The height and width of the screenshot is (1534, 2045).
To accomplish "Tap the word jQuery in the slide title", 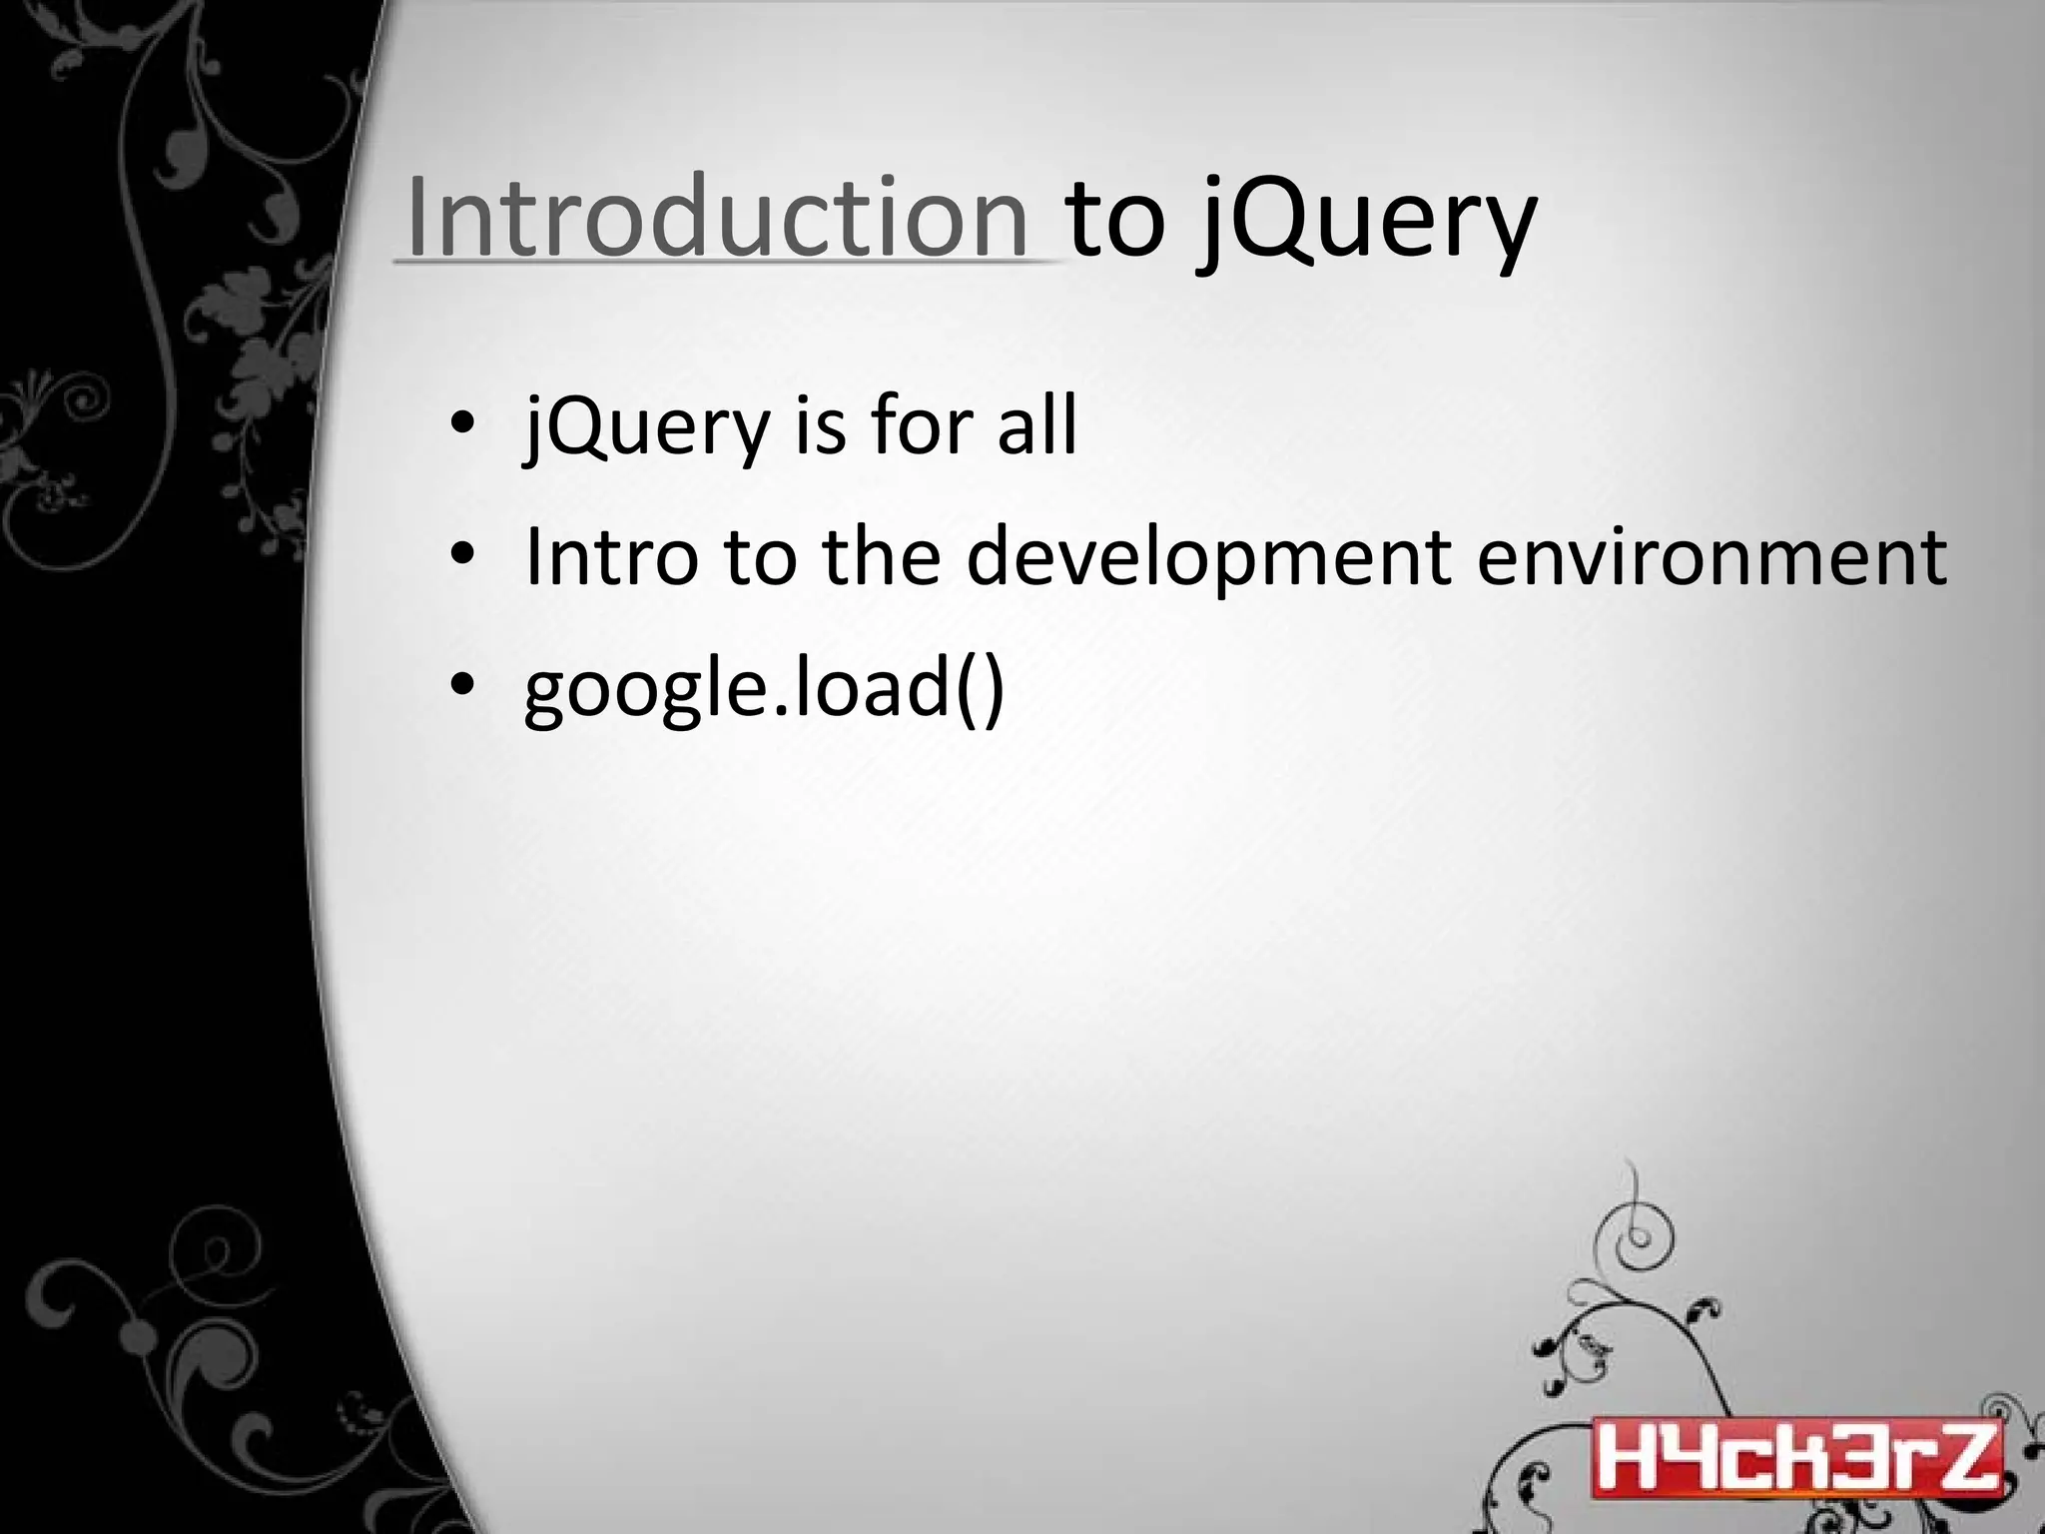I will [1366, 222].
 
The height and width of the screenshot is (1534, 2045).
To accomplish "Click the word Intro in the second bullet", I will [610, 556].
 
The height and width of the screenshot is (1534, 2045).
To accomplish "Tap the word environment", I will [1710, 556].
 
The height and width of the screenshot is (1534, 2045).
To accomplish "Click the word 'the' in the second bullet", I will [881, 556].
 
